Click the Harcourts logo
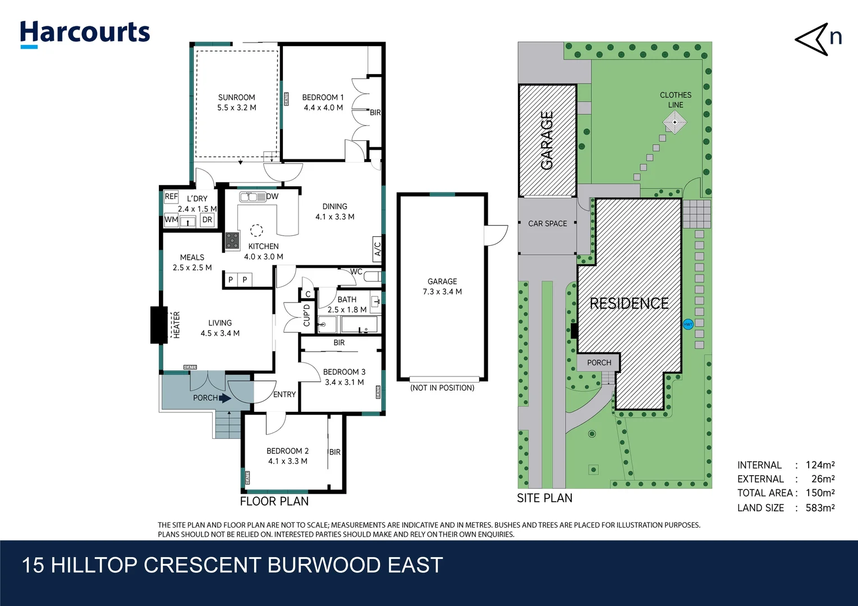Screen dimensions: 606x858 85,33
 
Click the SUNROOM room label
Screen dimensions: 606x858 236,98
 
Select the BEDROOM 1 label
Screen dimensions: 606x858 323,98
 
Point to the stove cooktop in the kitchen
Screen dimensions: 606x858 232,241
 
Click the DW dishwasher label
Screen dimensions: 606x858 272,196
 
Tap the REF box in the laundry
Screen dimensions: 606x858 171,196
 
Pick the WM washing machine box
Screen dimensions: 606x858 171,219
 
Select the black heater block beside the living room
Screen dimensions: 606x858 159,325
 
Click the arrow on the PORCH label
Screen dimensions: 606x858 225,398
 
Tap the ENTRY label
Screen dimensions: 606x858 285,394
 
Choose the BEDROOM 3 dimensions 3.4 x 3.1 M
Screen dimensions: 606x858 344,382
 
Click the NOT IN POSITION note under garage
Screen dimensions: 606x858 442,388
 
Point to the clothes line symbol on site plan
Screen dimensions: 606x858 675,122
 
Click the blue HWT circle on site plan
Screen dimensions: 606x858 688,324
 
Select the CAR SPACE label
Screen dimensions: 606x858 547,223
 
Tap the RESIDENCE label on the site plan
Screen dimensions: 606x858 628,304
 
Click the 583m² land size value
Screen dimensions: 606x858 820,508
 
